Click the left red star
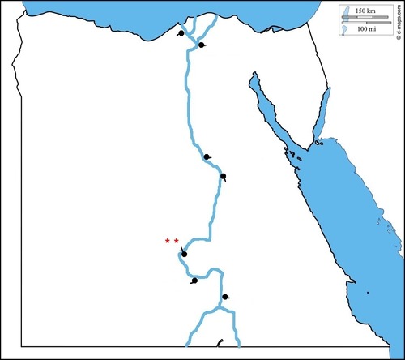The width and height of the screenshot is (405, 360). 167,241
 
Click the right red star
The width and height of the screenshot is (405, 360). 176,241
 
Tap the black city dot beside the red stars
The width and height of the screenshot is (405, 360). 185,254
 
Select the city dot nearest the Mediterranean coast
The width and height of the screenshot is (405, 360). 180,34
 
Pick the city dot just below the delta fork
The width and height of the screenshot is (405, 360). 202,45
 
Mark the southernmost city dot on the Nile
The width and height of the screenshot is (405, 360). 225,298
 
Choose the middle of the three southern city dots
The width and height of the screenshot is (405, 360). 194,281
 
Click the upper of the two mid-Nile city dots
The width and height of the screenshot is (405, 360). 207,157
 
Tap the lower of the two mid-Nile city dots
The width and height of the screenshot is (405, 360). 223,176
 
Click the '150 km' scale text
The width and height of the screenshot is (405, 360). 366,9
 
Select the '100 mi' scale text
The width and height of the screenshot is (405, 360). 366,28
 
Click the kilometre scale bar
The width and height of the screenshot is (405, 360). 366,16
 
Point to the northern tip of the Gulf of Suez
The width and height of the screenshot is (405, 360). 254,74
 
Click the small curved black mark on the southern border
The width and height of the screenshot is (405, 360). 219,343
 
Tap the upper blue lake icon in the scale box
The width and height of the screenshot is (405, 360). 343,12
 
